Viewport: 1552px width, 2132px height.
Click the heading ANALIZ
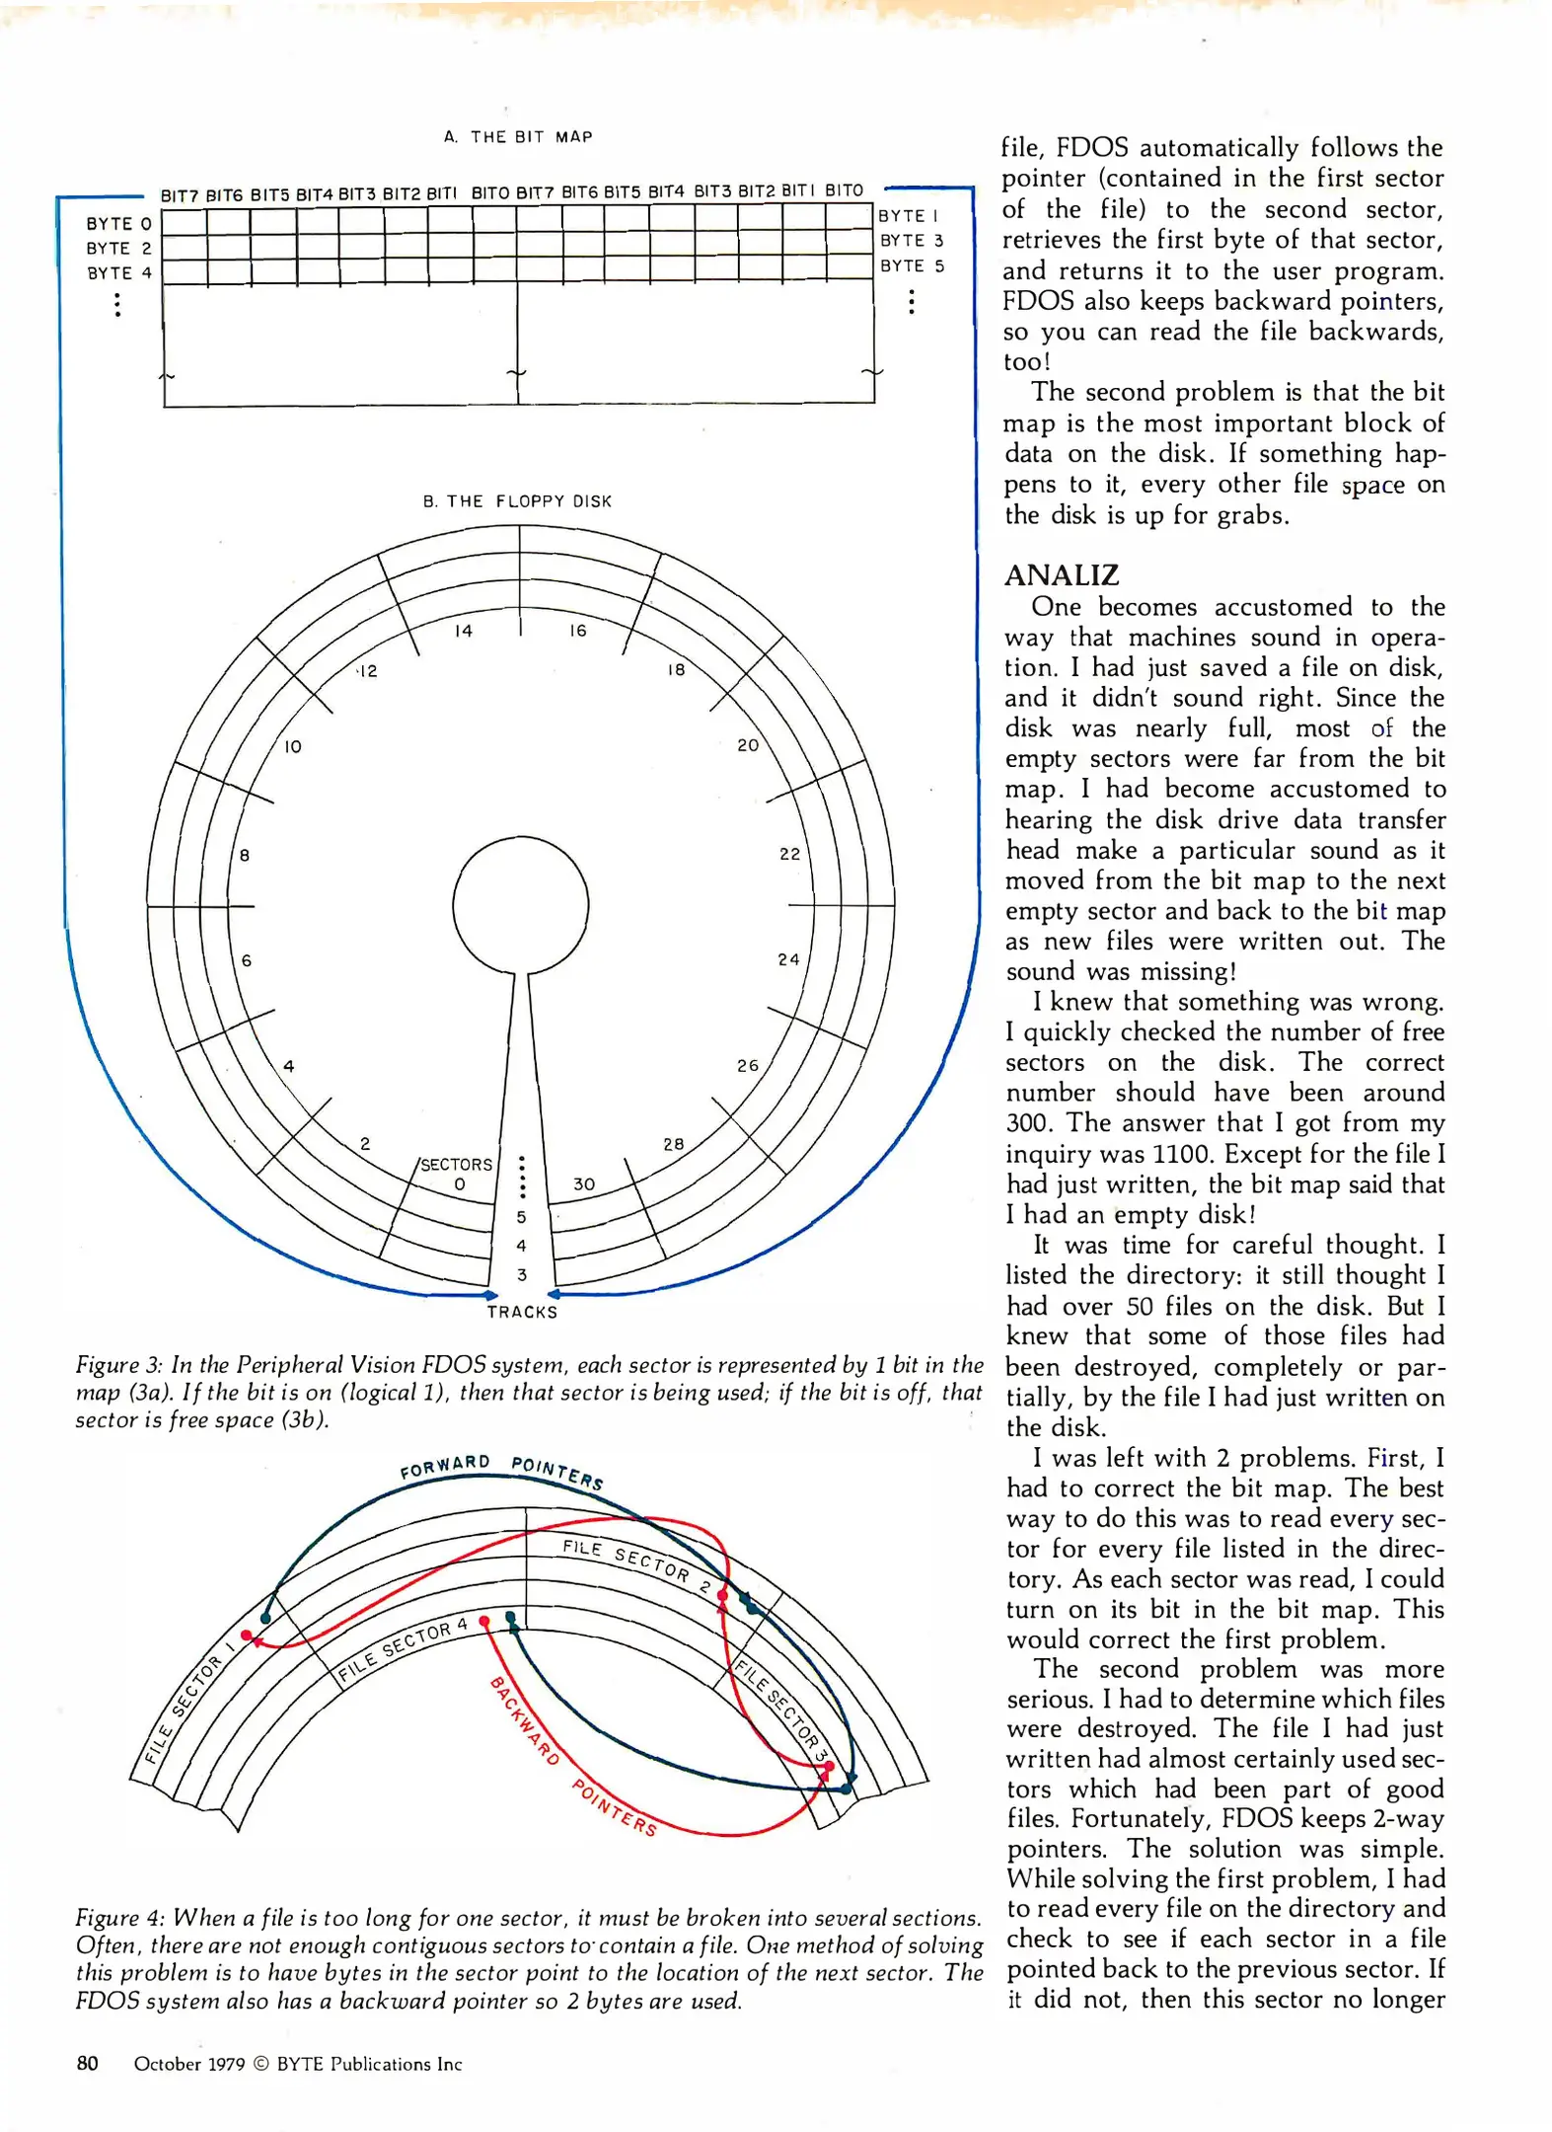tap(1061, 575)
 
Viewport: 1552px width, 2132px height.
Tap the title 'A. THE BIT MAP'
tap(518, 137)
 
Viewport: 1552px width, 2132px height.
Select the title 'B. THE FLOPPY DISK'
tap(517, 501)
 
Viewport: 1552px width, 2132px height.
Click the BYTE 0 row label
tap(118, 224)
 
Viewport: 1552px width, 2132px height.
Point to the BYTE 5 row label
tap(912, 266)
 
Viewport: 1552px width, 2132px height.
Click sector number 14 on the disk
tap(464, 631)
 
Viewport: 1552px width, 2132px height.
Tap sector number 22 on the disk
tap(789, 854)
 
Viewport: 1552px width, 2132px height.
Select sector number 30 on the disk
tap(584, 1183)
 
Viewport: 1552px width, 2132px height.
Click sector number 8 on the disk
tap(245, 855)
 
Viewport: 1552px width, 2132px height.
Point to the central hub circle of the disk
tap(520, 905)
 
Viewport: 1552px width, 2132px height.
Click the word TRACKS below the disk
tap(522, 1312)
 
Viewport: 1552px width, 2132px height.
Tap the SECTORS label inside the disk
tap(456, 1165)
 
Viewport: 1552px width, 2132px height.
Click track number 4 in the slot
tap(521, 1246)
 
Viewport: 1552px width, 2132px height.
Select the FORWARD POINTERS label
tap(501, 1468)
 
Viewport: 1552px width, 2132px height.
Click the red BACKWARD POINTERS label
tap(573, 1756)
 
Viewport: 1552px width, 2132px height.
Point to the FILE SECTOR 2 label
tap(636, 1563)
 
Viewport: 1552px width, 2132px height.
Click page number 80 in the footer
tap(87, 2064)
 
